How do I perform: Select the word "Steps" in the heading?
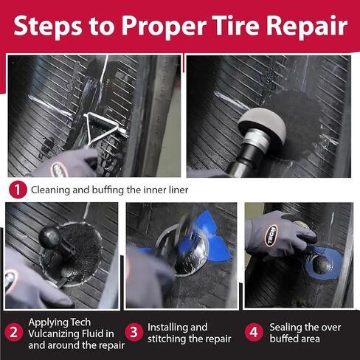click(49, 27)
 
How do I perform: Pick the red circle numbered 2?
click(13, 333)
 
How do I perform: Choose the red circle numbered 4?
click(254, 333)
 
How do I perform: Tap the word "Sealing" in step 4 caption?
click(285, 327)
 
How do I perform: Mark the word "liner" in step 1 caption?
click(176, 190)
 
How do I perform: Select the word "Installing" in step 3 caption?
click(167, 327)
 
